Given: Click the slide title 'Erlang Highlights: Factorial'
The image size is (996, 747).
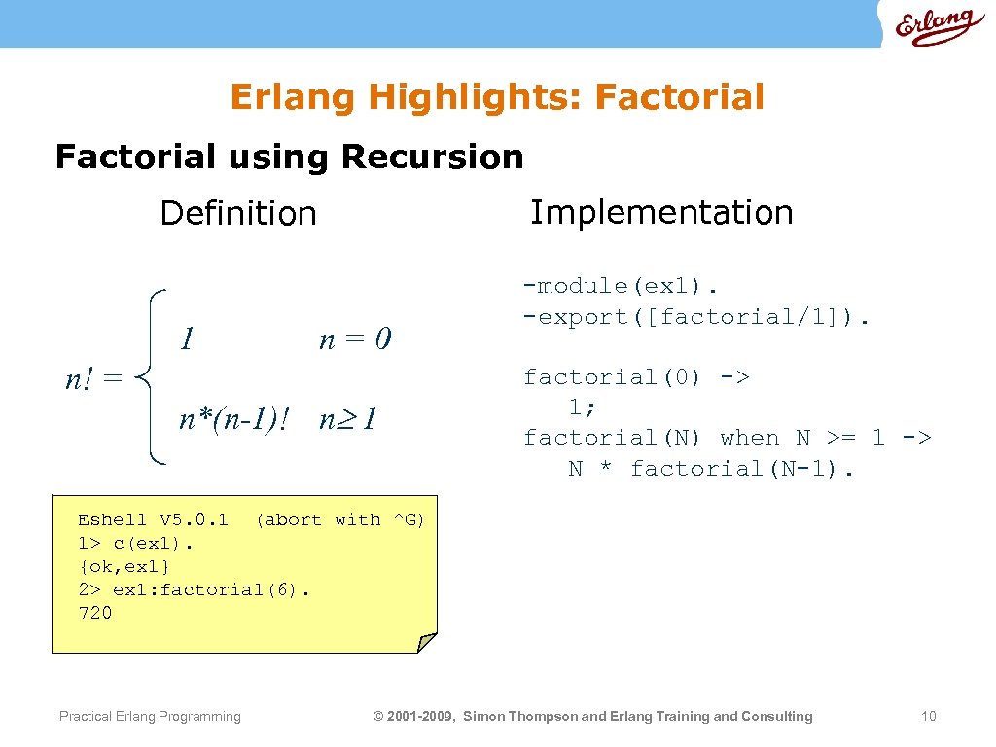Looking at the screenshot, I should (x=497, y=97).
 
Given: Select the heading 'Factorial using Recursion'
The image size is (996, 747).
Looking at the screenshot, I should (x=289, y=157).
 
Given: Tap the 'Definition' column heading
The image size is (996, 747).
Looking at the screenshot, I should (x=238, y=213).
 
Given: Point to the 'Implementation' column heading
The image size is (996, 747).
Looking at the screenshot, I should (x=661, y=212).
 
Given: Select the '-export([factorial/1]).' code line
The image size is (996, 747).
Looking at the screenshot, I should (x=697, y=316).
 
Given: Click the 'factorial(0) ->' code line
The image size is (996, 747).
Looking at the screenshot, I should (x=636, y=377).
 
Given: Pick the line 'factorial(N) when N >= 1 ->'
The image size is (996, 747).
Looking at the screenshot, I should (x=727, y=438).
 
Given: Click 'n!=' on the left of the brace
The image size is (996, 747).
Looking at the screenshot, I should (x=93, y=378).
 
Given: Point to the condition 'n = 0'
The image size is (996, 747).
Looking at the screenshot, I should (x=355, y=338).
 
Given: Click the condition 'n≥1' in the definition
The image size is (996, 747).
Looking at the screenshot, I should (x=348, y=419).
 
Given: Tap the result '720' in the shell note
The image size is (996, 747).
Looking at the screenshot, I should (x=95, y=613).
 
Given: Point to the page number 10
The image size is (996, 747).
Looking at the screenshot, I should (x=928, y=717).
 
